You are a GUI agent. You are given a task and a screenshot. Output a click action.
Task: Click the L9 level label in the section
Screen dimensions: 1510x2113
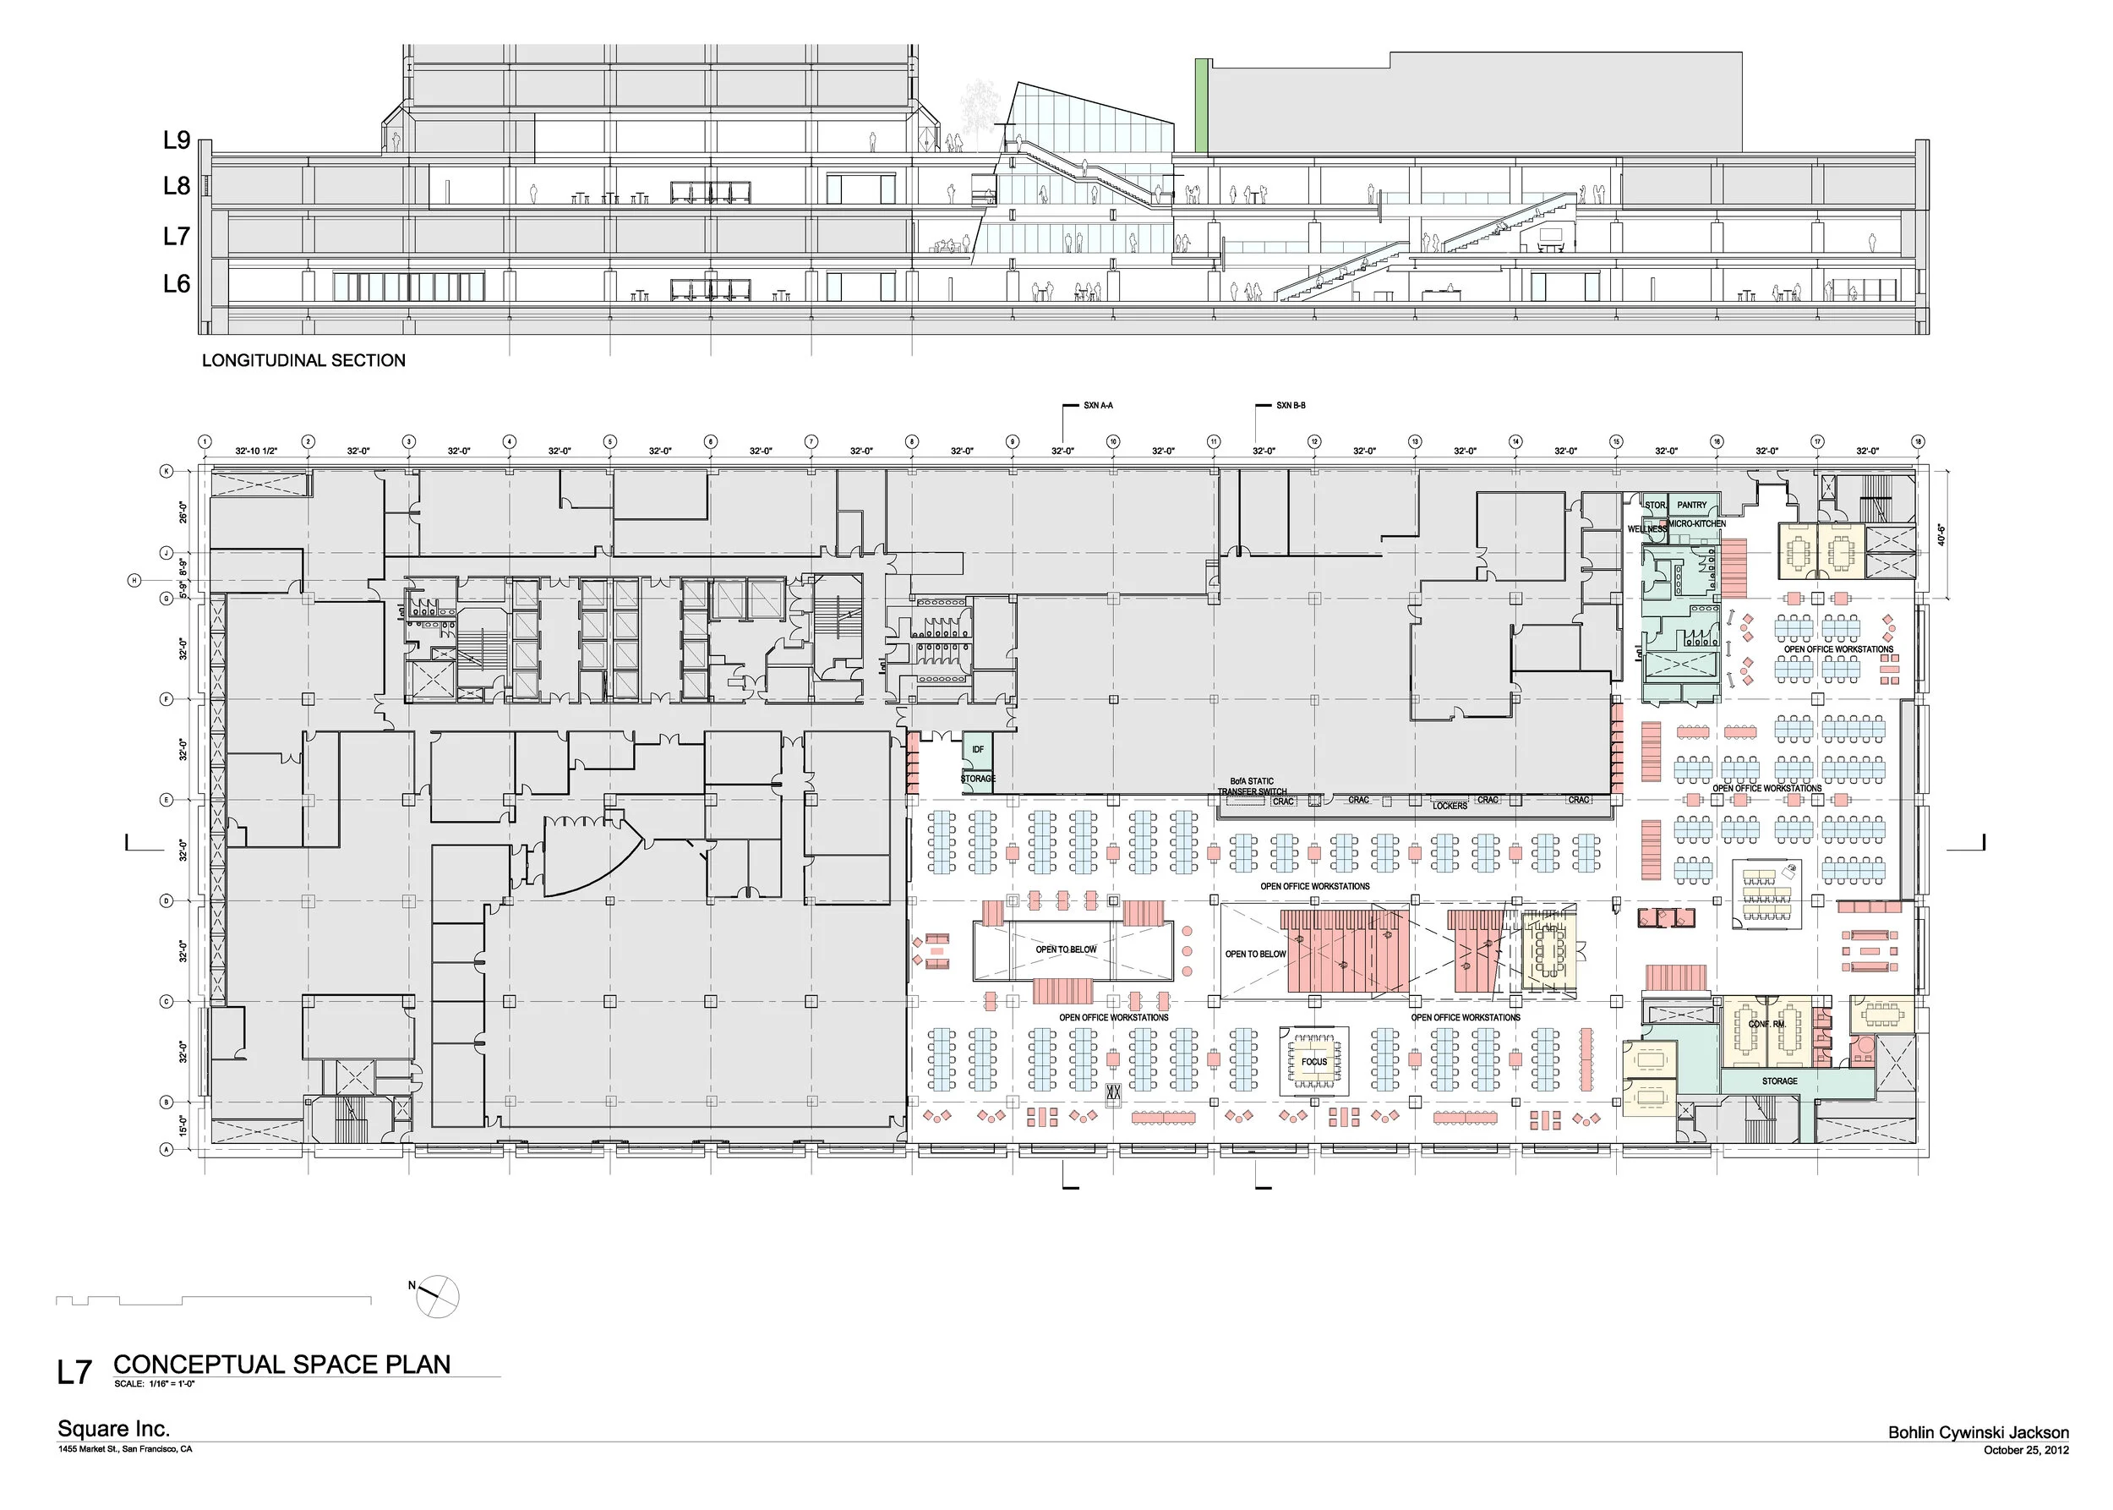click(x=177, y=140)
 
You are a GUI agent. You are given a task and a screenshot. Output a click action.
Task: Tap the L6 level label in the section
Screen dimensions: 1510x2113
click(x=177, y=283)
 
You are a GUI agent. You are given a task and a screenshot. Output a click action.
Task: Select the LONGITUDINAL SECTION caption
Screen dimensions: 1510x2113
click(x=304, y=361)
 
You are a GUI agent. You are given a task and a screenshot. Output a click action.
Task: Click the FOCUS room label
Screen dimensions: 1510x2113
click(x=1313, y=1062)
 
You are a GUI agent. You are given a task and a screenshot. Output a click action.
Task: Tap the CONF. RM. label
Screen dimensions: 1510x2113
click(x=1766, y=1024)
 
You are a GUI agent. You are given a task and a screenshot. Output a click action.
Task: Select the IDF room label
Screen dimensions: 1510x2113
click(x=977, y=749)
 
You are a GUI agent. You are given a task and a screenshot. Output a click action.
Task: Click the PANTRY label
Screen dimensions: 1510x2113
click(x=1692, y=506)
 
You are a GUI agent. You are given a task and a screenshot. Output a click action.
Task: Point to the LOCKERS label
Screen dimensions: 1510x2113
click(x=1450, y=806)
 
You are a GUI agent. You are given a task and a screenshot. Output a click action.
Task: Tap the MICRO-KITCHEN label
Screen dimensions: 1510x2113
click(x=1697, y=524)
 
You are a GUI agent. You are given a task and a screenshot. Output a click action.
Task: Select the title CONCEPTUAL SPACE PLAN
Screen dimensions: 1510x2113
click(x=281, y=1364)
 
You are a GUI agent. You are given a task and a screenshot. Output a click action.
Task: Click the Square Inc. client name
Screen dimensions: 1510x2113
click(x=113, y=1429)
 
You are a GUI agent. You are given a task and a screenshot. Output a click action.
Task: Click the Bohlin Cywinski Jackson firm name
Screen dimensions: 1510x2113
click(x=1979, y=1433)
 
